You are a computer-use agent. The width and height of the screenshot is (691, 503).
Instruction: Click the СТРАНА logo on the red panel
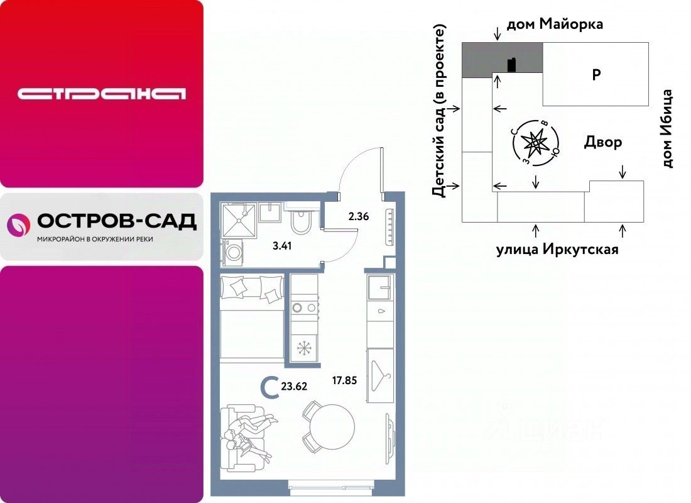click(x=101, y=94)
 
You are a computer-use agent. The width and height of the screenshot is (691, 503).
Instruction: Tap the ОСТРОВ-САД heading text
click(x=117, y=221)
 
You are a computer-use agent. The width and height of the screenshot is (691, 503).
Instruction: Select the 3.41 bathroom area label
click(x=282, y=246)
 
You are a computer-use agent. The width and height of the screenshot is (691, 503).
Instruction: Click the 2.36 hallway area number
click(x=358, y=216)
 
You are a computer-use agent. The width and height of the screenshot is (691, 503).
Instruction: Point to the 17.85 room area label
click(x=344, y=380)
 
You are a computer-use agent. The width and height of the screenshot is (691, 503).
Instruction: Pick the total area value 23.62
click(x=294, y=386)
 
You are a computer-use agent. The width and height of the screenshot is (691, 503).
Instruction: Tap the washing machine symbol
click(x=232, y=252)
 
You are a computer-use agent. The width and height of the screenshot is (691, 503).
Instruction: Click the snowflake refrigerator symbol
click(x=304, y=348)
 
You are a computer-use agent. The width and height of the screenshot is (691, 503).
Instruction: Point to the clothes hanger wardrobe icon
click(x=380, y=375)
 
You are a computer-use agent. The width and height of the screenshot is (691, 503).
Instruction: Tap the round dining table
click(x=332, y=426)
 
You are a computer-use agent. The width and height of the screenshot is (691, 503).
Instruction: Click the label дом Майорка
click(x=555, y=24)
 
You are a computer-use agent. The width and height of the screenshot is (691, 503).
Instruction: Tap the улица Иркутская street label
click(x=557, y=250)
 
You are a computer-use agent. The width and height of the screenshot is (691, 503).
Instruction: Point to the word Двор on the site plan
click(x=602, y=142)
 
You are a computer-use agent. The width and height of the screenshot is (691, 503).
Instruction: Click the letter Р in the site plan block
click(x=596, y=75)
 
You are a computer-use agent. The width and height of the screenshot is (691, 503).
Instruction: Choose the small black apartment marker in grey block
click(x=511, y=65)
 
